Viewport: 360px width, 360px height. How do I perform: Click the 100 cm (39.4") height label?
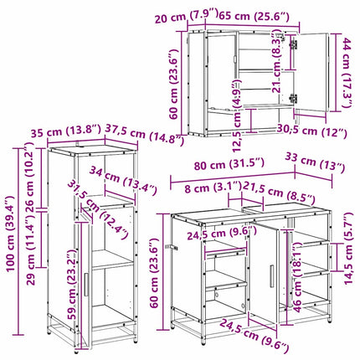coord(11,234)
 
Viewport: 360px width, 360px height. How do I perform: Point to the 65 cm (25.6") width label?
coord(254,16)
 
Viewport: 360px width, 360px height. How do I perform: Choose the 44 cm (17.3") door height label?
coord(347,73)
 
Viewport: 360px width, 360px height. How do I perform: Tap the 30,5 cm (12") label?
coord(312,131)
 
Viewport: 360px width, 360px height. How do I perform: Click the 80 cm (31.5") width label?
coord(229,165)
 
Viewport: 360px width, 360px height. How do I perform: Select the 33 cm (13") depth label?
coord(315,162)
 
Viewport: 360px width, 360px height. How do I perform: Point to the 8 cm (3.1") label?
coord(213,187)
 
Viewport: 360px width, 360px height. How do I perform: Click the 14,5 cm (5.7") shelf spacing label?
coord(348,249)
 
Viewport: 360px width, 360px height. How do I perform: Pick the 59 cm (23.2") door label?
coord(72,285)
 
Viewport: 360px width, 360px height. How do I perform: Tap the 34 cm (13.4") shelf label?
coord(123,181)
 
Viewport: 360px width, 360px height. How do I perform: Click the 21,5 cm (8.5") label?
coord(278,191)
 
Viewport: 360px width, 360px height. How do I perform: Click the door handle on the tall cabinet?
coord(86,285)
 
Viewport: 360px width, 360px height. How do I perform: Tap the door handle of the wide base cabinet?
coord(271,275)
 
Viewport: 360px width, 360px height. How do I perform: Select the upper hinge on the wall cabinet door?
coord(293,44)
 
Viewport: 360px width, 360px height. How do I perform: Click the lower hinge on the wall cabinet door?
coord(293,98)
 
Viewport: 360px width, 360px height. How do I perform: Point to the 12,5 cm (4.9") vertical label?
coord(236,116)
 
